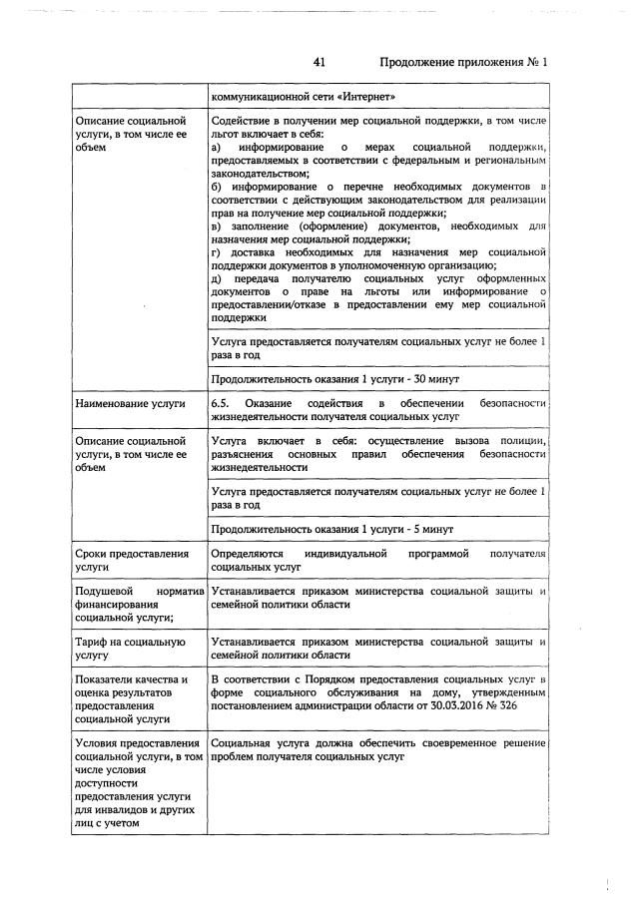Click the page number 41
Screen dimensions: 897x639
pyautogui.click(x=319, y=62)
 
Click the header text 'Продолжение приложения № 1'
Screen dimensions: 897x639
pyautogui.click(x=464, y=62)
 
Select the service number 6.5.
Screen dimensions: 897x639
pyautogui.click(x=221, y=403)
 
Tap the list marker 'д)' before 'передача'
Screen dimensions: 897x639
pyautogui.click(x=217, y=278)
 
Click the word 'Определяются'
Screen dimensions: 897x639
pyautogui.click(x=248, y=553)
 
